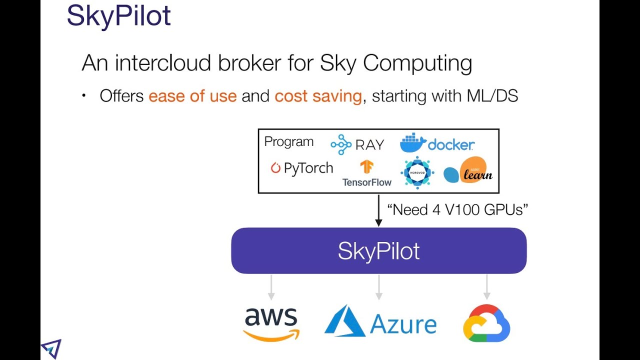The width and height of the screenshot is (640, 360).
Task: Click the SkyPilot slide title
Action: (118, 15)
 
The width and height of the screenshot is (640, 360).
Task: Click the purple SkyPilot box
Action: (378, 251)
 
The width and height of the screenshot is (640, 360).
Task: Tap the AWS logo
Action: (271, 324)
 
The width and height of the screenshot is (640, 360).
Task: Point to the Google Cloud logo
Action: (486, 323)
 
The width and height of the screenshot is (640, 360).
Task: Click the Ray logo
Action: (357, 144)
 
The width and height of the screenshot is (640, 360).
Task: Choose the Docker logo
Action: (437, 143)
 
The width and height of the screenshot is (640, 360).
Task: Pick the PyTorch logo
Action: (302, 168)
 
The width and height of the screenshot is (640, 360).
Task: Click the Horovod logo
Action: (417, 173)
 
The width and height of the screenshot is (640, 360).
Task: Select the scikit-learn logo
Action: (468, 171)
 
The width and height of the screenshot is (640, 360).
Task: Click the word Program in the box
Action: (289, 141)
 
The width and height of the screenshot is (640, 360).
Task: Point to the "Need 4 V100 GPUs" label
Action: (458, 209)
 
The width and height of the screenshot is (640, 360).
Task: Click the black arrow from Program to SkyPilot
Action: (378, 210)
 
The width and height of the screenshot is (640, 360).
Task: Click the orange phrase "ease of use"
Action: (192, 95)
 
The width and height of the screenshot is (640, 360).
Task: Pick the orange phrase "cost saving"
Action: (318, 95)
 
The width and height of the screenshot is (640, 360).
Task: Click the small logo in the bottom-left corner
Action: (51, 348)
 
